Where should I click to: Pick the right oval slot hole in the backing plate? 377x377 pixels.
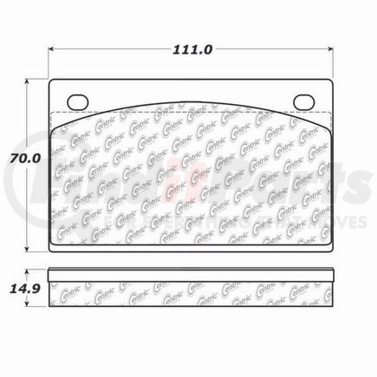[x=302, y=101]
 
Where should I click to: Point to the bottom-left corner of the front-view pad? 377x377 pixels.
[x=51, y=248]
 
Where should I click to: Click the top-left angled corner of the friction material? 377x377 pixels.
[x=58, y=120]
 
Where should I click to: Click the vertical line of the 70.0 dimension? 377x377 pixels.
[x=26, y=208]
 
